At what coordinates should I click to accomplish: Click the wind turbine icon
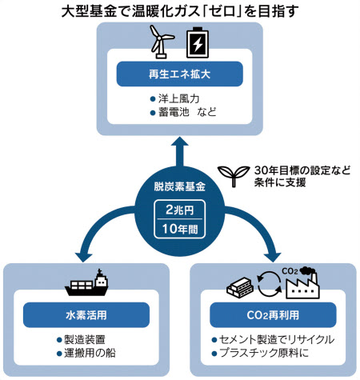161,42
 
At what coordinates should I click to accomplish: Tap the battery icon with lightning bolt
198,42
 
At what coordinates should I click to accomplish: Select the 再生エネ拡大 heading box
179,74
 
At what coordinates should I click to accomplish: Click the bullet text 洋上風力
179,98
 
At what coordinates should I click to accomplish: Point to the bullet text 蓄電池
174,112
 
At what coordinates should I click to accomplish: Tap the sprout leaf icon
234,176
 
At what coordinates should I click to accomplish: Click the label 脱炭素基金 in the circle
179,186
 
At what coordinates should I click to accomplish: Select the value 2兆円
179,210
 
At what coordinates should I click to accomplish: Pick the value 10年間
180,229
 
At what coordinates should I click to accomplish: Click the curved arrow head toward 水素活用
83,257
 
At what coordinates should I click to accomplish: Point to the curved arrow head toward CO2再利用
274,257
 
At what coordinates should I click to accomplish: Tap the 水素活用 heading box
86,315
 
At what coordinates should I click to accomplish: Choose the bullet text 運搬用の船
90,353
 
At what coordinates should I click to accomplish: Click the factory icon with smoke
302,283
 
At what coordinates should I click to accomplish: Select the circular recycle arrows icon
269,284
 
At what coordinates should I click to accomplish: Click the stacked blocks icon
240,287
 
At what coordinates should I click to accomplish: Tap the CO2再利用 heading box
273,315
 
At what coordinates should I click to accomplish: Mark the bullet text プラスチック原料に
264,353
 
